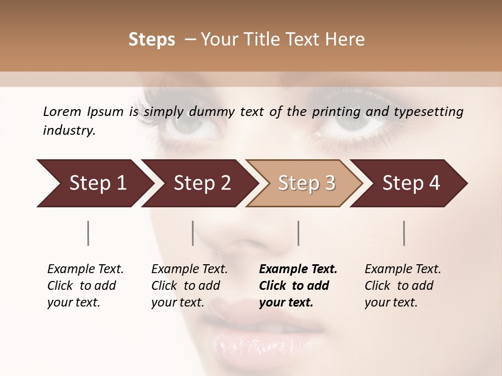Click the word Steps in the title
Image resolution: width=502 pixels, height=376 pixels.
coord(152,40)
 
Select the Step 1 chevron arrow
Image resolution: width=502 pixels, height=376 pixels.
coord(94,183)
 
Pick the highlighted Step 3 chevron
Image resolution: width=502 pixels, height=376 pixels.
coord(306,183)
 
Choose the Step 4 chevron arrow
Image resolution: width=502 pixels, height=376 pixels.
coord(410,183)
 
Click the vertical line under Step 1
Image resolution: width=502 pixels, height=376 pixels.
coord(88,233)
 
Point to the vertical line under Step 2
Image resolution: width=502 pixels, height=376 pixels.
coord(193,233)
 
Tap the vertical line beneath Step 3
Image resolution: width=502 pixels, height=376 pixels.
coord(298,233)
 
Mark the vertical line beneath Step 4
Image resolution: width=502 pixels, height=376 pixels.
coord(404,233)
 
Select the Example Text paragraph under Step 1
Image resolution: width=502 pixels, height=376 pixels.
coord(85,286)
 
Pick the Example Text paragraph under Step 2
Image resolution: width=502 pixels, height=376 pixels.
coord(189,286)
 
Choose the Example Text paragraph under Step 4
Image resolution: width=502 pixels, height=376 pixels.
coord(403,286)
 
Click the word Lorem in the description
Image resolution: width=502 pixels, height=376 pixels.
coord(62,112)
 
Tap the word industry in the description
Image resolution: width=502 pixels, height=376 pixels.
coord(69,131)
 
